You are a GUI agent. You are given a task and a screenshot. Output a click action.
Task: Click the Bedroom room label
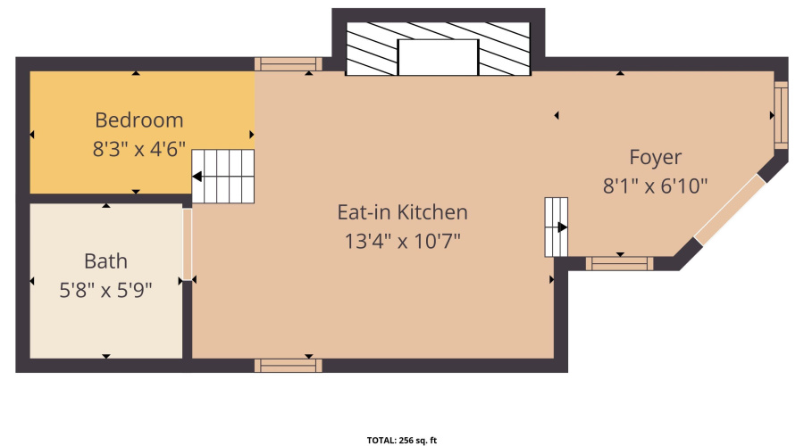139,120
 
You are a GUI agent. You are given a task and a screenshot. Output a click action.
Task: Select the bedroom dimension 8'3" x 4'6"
139,149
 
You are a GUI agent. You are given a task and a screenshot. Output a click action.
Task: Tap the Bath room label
105,261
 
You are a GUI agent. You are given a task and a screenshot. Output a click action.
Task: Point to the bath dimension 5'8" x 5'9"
105,290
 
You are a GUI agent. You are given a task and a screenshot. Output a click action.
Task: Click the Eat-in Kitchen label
402,212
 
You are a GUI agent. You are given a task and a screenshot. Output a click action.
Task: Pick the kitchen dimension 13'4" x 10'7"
402,241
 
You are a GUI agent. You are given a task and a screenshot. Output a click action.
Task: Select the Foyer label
655,157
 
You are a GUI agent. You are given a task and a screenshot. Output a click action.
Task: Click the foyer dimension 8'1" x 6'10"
655,186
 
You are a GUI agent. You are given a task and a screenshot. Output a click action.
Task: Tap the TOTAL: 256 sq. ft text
402,440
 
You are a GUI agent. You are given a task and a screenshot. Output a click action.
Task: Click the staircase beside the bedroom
225,176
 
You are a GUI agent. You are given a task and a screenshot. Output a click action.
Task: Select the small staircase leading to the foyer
557,227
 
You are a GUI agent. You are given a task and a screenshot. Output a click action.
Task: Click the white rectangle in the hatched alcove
438,57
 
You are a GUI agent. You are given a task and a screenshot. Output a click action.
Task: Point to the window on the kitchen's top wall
288,63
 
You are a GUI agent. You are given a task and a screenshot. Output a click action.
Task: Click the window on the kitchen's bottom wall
288,365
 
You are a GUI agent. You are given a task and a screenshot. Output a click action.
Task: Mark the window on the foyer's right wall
781,116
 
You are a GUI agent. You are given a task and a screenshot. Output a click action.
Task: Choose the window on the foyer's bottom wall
619,263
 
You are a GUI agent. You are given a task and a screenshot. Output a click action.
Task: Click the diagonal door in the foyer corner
730,210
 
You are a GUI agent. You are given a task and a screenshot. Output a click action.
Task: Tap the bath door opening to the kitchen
187,244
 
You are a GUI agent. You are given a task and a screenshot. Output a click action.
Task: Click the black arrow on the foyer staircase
562,227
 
